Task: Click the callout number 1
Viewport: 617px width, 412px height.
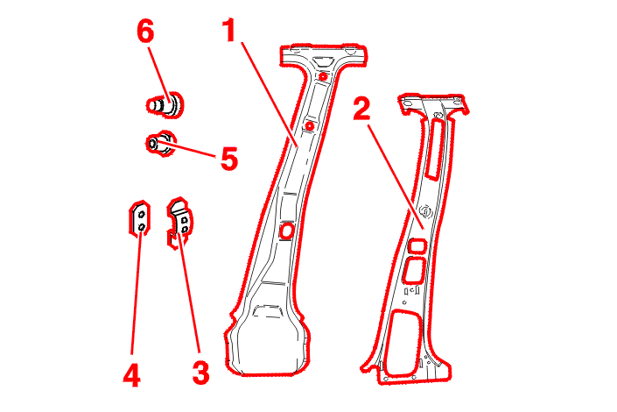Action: (229, 31)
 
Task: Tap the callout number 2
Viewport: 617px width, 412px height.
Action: (362, 109)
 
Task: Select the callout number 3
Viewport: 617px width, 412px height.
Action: (200, 373)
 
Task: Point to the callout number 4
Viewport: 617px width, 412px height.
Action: (131, 375)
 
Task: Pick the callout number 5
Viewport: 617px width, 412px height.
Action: (229, 159)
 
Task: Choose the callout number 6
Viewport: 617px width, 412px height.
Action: (145, 32)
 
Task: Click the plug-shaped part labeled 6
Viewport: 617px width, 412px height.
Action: (165, 104)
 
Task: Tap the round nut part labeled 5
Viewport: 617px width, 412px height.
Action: (161, 144)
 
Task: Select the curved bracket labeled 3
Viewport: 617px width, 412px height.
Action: (180, 223)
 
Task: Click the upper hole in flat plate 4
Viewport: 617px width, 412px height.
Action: (142, 215)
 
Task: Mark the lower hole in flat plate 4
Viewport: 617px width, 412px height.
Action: (142, 227)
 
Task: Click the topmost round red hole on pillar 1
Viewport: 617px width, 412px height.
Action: (323, 76)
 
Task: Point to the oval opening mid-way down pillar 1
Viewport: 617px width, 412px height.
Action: (286, 231)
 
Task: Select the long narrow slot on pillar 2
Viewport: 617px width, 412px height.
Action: (436, 149)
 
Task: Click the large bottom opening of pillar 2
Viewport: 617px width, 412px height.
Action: (403, 343)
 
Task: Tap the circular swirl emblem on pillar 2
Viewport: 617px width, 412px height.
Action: (425, 212)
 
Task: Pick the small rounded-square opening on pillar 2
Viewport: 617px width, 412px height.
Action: (417, 246)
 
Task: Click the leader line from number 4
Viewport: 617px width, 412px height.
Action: (137, 295)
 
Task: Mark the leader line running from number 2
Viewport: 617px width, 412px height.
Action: (396, 177)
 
